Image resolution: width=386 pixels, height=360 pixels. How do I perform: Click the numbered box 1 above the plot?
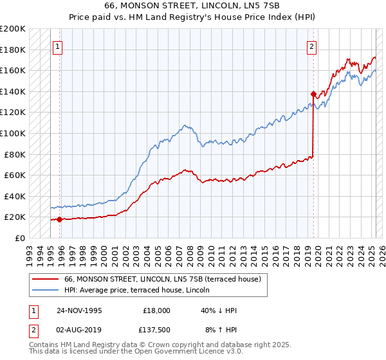pyautogui.click(x=58, y=46)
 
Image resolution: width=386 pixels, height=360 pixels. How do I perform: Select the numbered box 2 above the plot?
pyautogui.click(x=311, y=46)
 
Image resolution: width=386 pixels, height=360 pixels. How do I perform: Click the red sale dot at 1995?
pyautogui.click(x=60, y=219)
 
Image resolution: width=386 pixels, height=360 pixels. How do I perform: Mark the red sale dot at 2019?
pyautogui.click(x=313, y=94)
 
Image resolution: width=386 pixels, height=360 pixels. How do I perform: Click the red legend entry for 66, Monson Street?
pyautogui.click(x=162, y=279)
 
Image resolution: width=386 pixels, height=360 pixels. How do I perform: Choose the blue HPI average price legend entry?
pyautogui.click(x=153, y=290)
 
